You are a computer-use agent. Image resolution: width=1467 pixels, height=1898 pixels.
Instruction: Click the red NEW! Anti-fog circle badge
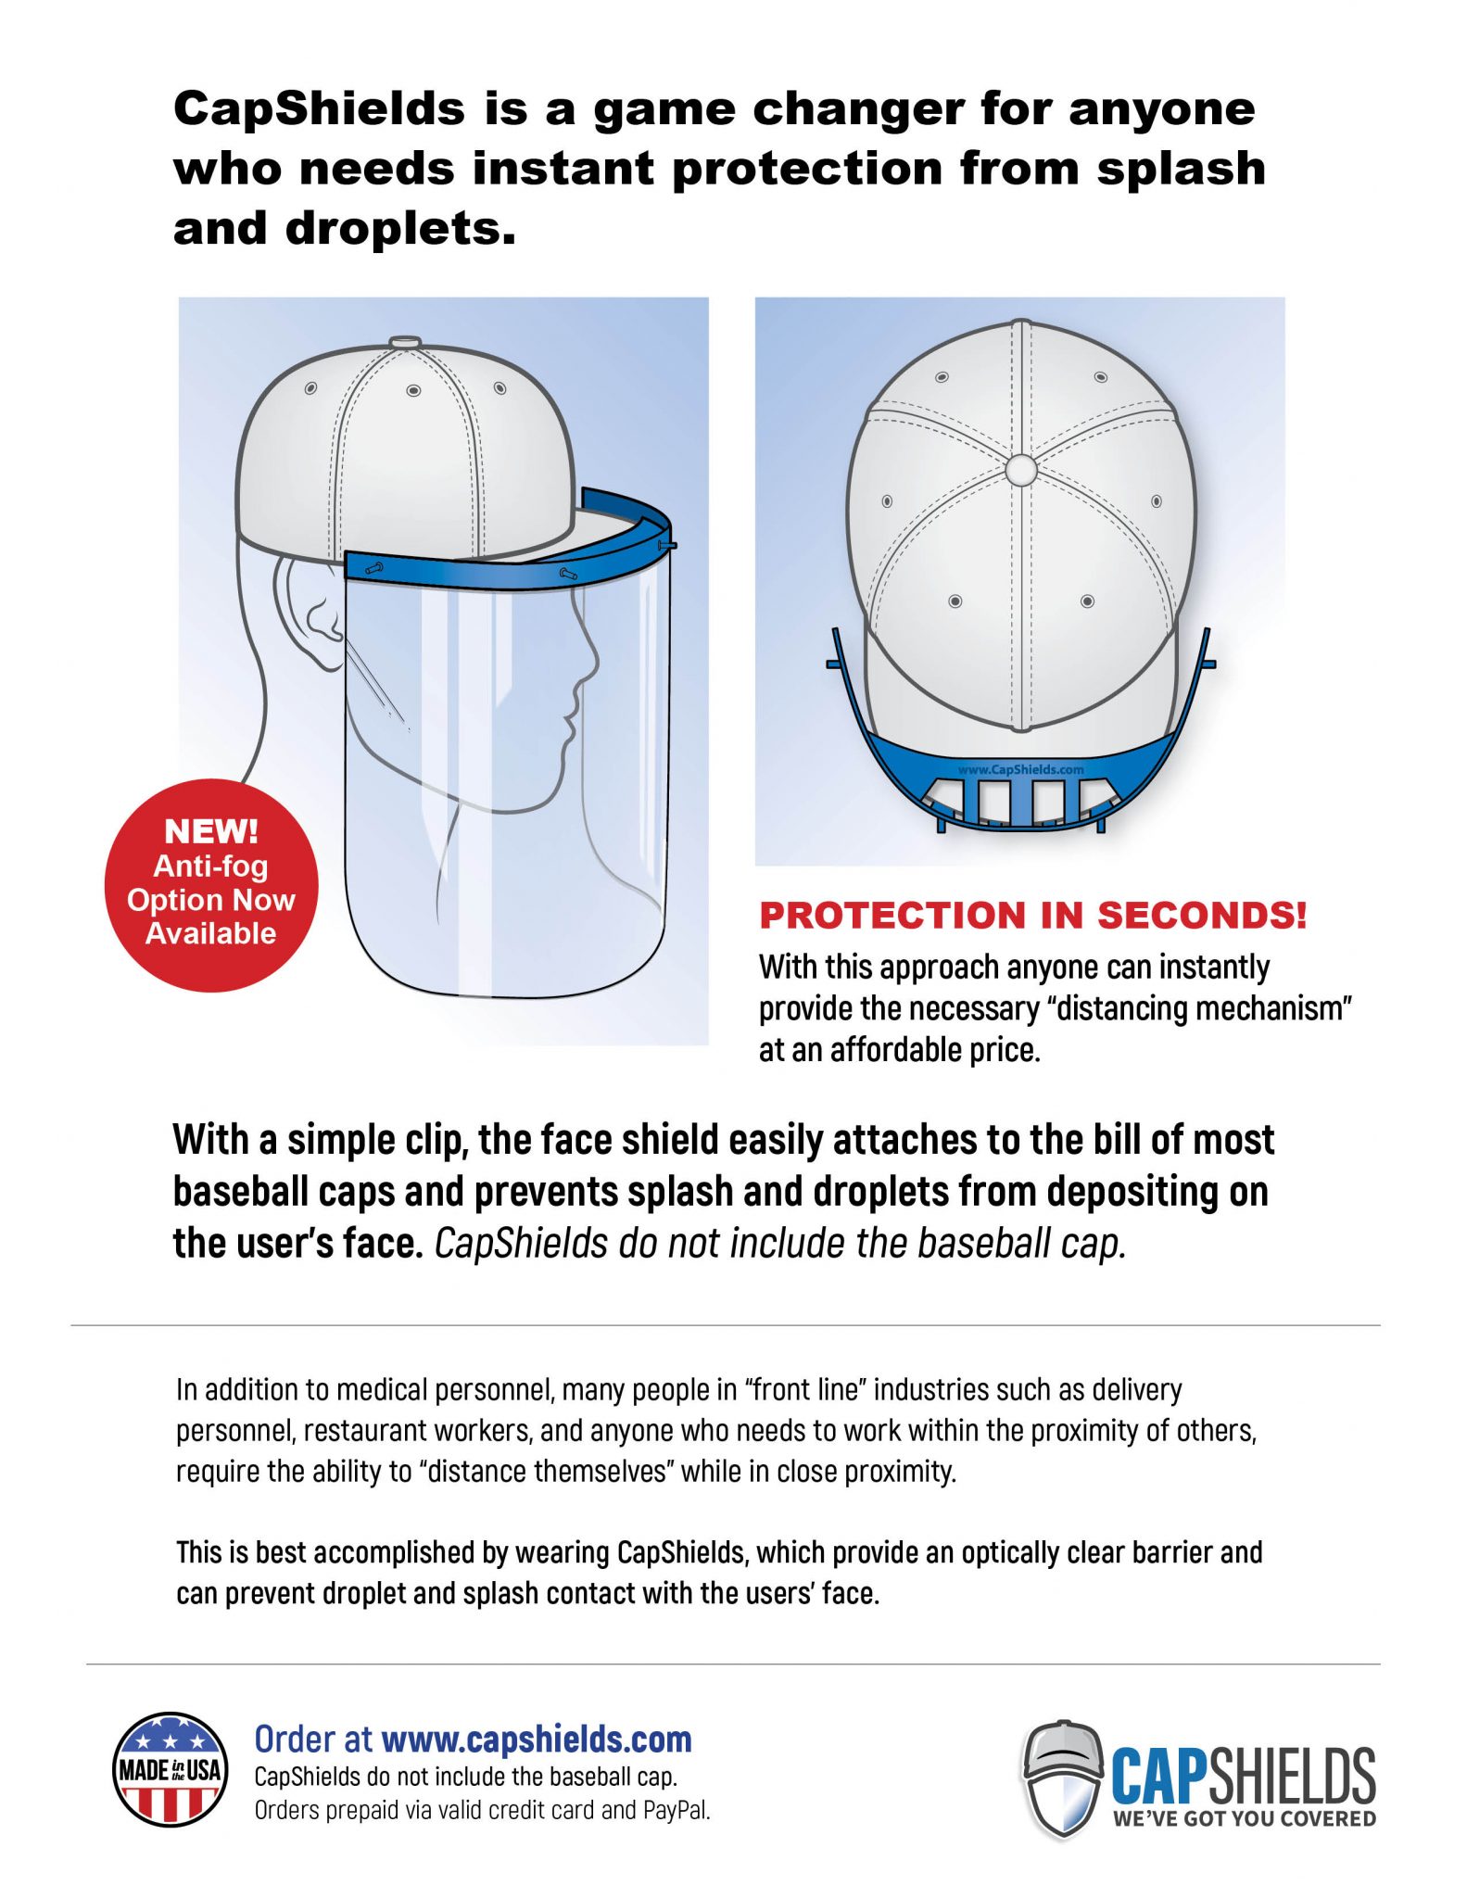click(x=211, y=885)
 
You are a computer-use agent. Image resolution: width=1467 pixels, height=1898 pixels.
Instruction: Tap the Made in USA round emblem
click(x=171, y=1769)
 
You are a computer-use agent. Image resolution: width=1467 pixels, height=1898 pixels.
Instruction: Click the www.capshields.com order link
click(x=537, y=1740)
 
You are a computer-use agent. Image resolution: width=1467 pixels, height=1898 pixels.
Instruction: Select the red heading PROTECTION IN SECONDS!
click(x=1032, y=916)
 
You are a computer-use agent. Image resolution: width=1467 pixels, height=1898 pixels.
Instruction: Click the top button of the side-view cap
click(x=405, y=341)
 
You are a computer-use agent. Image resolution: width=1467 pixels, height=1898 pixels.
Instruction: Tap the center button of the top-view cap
click(x=1020, y=470)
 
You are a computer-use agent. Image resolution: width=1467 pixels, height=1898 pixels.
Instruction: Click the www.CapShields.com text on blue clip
click(x=1020, y=769)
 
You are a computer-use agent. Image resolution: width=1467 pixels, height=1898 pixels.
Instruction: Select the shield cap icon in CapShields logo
click(x=1062, y=1778)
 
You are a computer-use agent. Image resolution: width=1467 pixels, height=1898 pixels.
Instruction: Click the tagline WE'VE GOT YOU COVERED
click(x=1244, y=1818)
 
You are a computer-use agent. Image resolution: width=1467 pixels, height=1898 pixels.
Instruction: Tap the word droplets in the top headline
click(x=400, y=229)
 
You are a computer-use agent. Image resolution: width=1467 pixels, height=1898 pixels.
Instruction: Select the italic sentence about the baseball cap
click(x=779, y=1244)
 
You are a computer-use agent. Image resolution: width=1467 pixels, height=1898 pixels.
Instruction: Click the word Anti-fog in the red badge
click(x=210, y=866)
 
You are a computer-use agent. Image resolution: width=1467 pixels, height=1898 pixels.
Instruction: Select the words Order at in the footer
click(x=313, y=1740)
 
